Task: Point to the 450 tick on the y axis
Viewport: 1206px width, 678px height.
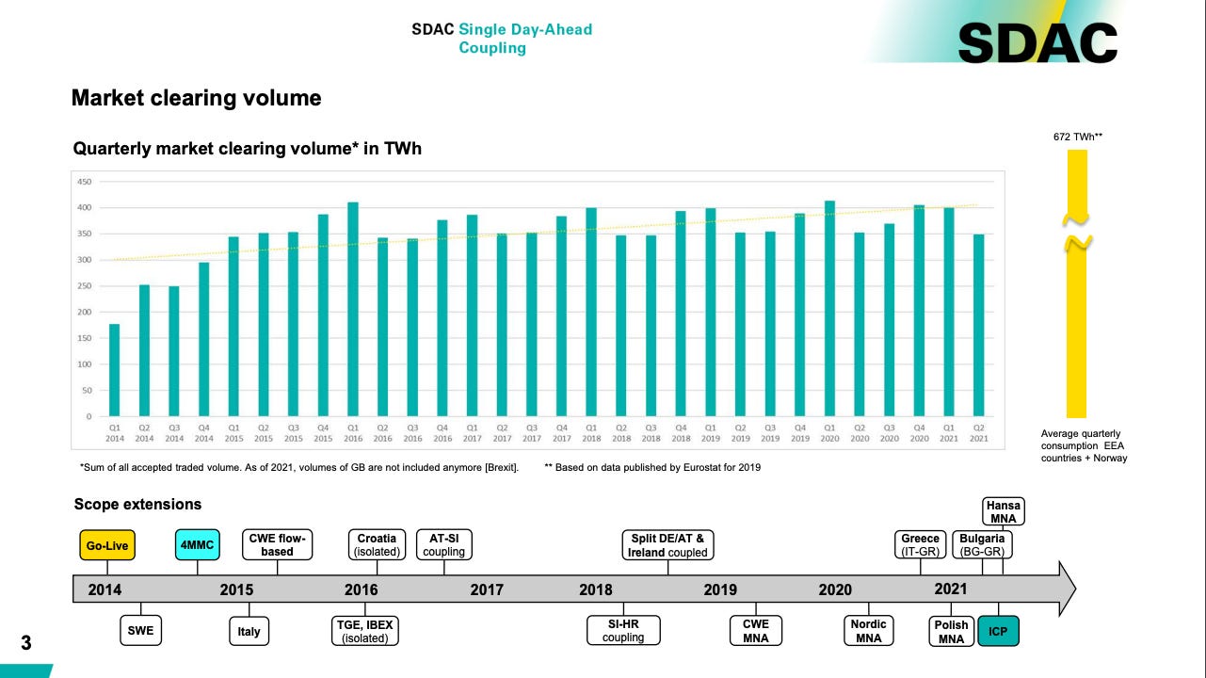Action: [x=85, y=182]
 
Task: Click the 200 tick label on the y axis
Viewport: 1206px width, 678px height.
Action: [x=85, y=312]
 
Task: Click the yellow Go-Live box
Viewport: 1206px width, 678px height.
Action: [x=107, y=546]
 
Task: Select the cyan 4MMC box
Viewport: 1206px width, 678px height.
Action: [x=199, y=546]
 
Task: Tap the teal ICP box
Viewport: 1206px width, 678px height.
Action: [x=998, y=631]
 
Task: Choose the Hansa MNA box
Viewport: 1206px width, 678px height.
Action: [x=1004, y=511]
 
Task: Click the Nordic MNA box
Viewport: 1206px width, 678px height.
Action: [x=868, y=631]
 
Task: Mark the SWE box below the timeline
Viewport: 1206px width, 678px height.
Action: [x=141, y=631]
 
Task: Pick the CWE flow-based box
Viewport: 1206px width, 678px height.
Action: [x=278, y=545]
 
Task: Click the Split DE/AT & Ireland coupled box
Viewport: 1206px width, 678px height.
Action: [x=667, y=545]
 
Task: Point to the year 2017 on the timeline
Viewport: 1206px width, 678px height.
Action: [x=487, y=590]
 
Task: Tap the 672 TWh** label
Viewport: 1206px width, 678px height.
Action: [x=1077, y=137]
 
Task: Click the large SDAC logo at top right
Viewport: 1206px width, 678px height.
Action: [x=1037, y=42]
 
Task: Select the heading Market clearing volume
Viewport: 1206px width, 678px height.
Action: [x=197, y=98]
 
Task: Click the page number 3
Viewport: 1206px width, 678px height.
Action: [x=26, y=644]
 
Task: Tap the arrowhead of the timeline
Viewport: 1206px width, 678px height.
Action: [x=1066, y=589]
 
